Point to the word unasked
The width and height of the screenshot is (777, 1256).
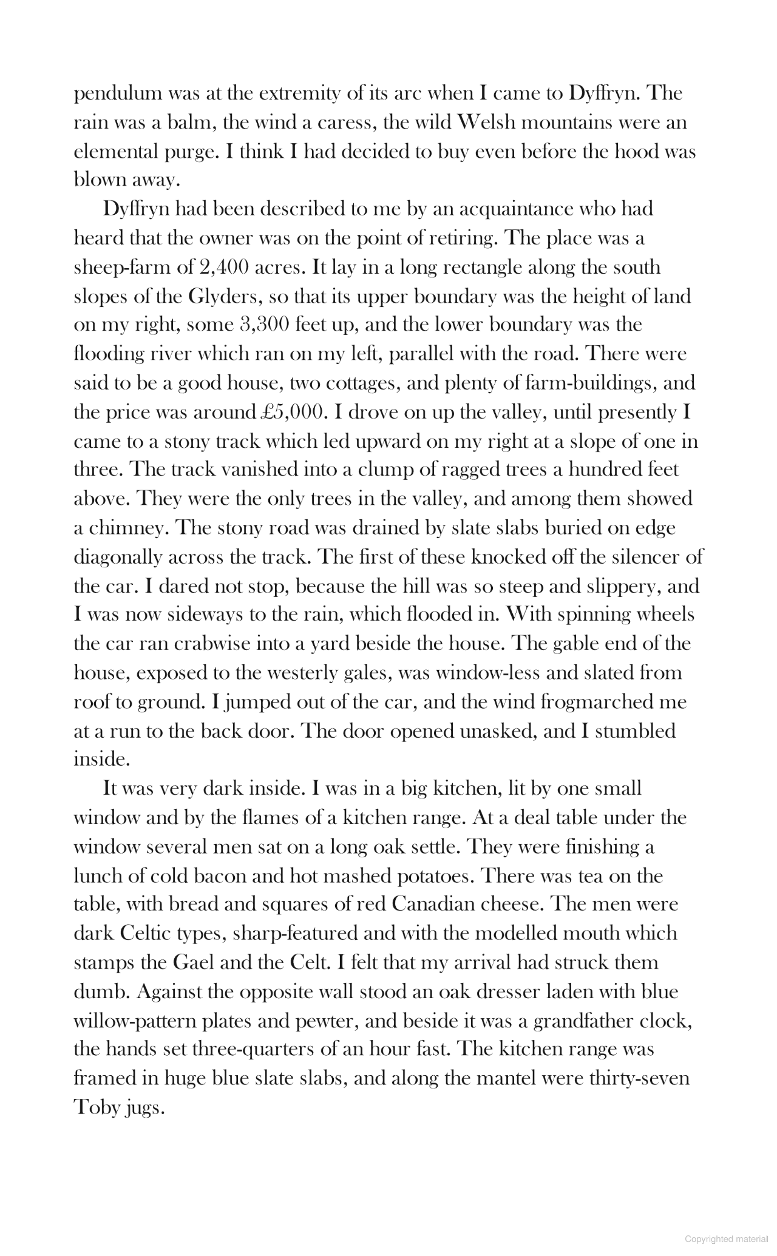(x=495, y=731)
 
